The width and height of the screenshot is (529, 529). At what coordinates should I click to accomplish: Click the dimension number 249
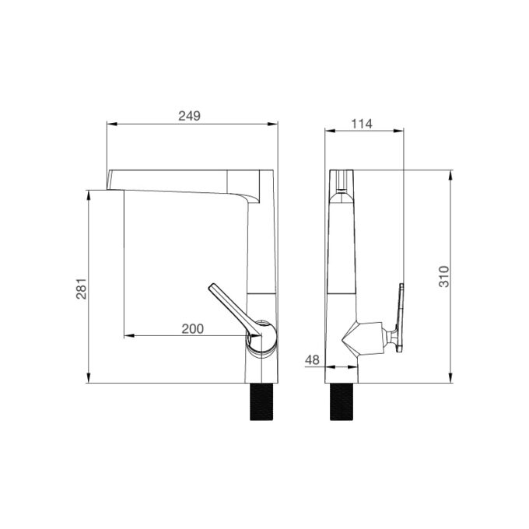point(189,116)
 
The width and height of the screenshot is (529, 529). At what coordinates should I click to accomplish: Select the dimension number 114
point(362,123)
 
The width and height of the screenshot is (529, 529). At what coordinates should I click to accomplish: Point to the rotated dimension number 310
point(443,277)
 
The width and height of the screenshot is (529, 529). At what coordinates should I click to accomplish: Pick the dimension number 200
point(192,329)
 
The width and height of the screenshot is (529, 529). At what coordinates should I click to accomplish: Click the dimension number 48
point(312,359)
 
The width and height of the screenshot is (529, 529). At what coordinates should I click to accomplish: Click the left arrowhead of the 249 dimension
point(110,124)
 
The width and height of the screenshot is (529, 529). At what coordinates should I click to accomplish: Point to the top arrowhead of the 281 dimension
point(89,193)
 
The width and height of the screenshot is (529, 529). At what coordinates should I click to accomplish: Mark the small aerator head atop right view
point(341,180)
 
